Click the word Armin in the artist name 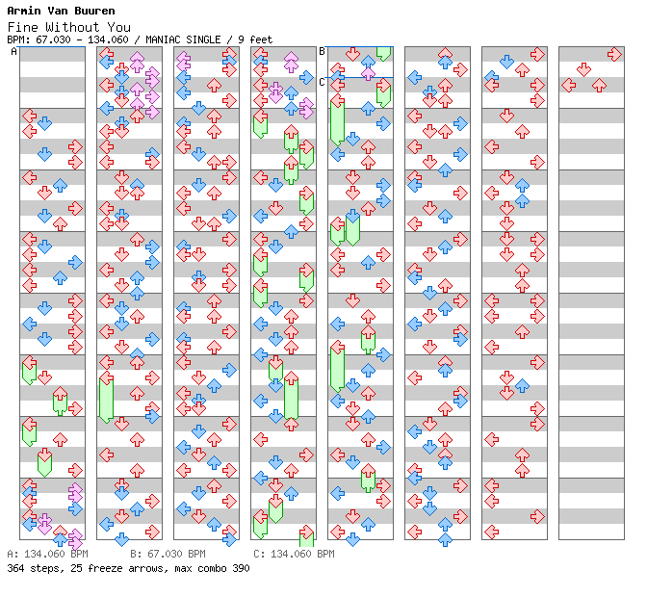pyautogui.click(x=22, y=12)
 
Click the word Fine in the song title pyautogui.click(x=21, y=26)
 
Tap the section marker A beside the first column pyautogui.click(x=14, y=52)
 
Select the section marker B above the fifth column pyautogui.click(x=323, y=52)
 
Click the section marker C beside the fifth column pyautogui.click(x=323, y=82)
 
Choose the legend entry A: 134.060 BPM pyautogui.click(x=47, y=555)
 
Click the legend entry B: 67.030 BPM pyautogui.click(x=168, y=555)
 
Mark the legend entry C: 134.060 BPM pyautogui.click(x=294, y=555)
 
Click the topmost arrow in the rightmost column pyautogui.click(x=614, y=55)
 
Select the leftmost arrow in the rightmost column pyautogui.click(x=569, y=85)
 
